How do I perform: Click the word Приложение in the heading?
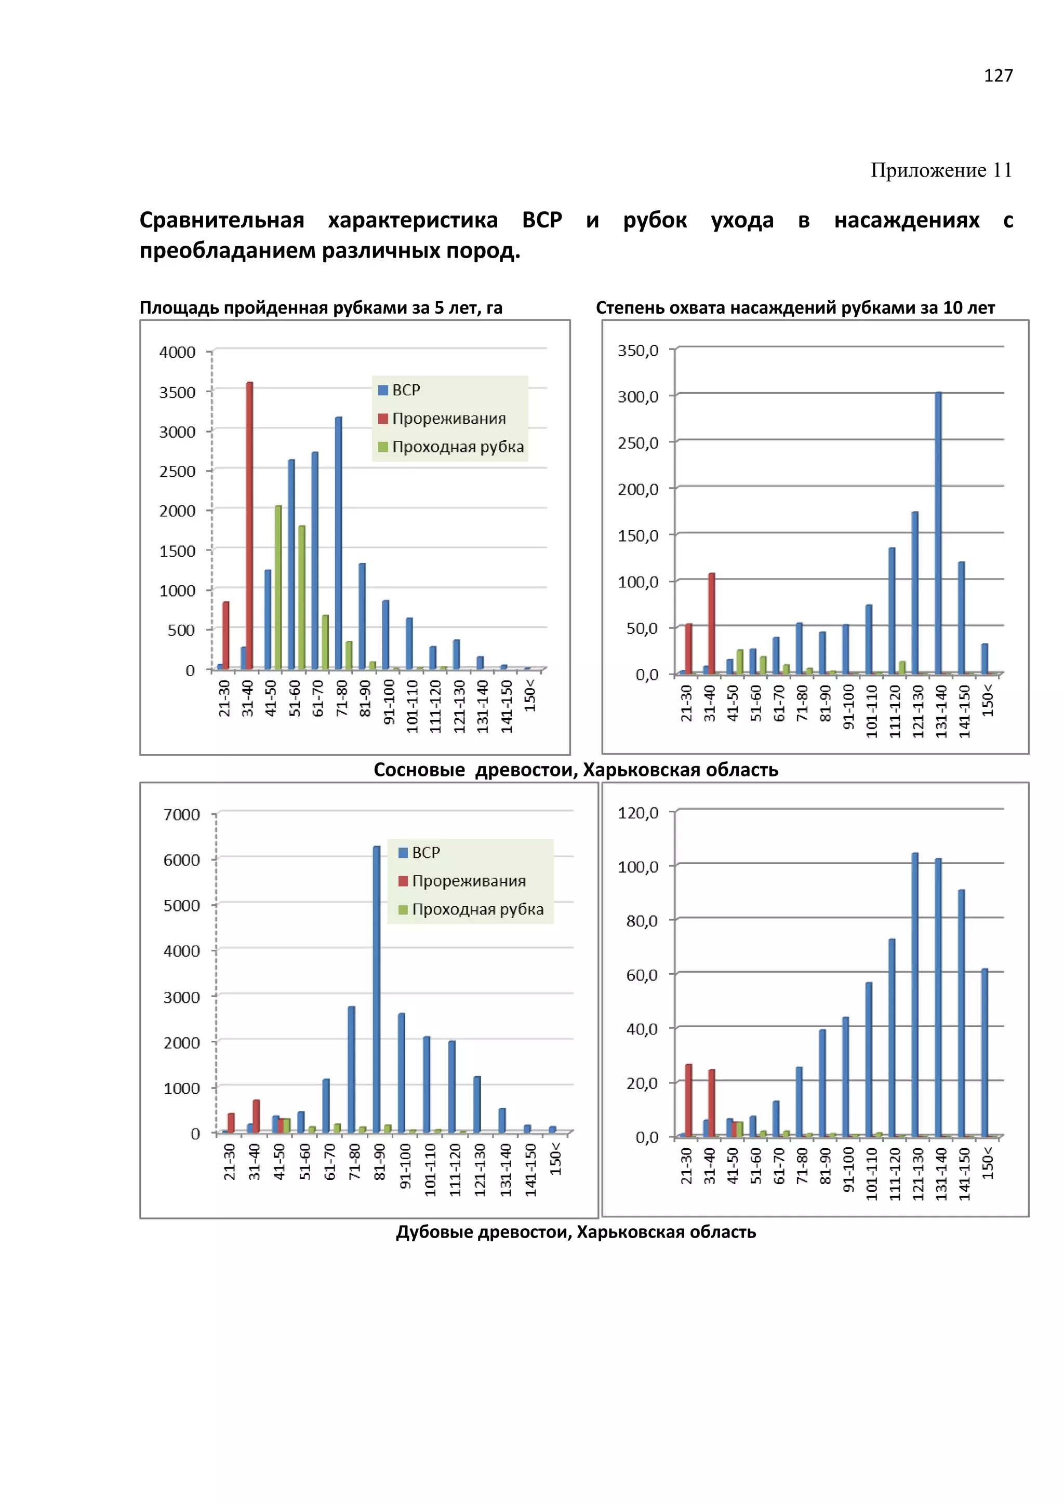click(x=928, y=170)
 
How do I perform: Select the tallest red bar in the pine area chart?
click(x=249, y=524)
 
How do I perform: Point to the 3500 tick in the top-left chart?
click(x=178, y=393)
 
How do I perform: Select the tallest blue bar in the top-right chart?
click(x=938, y=532)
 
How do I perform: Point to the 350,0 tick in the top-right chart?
click(x=638, y=351)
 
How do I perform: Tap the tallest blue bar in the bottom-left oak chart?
click(x=377, y=989)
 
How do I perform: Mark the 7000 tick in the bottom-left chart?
click(x=181, y=815)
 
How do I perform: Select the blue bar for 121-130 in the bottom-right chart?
click(x=914, y=995)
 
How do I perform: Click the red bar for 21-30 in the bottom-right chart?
click(x=688, y=1100)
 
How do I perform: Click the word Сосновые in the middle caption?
click(x=419, y=770)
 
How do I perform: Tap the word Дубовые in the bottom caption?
click(x=435, y=1232)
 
